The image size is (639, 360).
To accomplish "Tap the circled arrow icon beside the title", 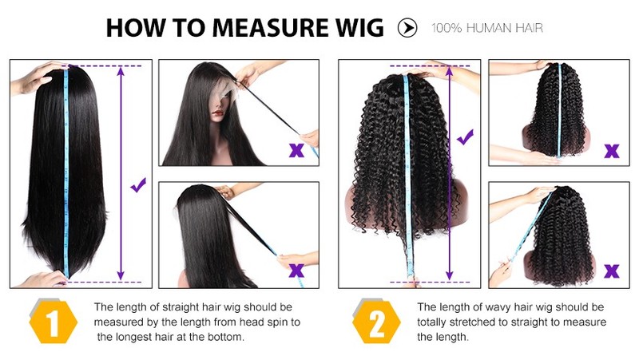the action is [x=407, y=28].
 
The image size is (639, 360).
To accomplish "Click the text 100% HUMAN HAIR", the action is [x=487, y=28].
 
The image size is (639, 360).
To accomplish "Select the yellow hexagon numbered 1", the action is [x=53, y=322].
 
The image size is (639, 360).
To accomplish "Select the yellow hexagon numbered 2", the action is [x=376, y=322].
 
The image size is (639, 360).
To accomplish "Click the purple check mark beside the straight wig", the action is [x=138, y=185].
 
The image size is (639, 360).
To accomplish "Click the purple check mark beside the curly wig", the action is [x=466, y=136].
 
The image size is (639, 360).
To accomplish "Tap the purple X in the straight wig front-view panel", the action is [x=296, y=150].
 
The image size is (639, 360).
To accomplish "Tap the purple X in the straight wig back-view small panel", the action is [x=296, y=270].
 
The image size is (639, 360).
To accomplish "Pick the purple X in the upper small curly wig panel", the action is [x=612, y=151].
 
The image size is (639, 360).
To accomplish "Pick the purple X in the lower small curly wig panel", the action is [x=612, y=271].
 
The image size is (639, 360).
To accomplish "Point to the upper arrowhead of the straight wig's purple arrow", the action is [x=121, y=70].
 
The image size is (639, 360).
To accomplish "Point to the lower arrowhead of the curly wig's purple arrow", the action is [x=449, y=275].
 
